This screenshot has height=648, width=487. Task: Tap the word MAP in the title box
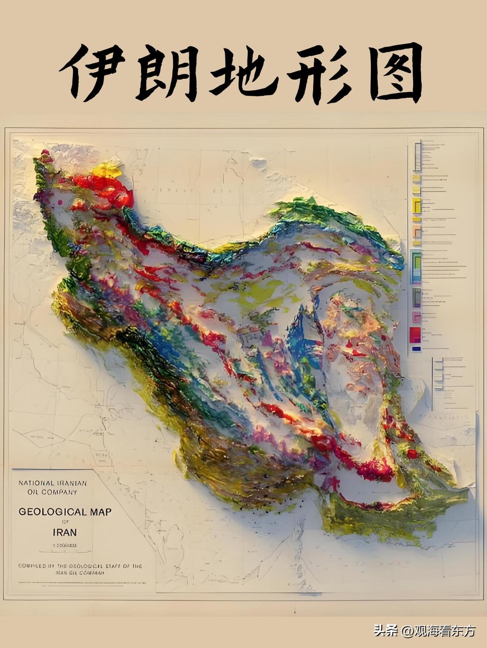(101, 512)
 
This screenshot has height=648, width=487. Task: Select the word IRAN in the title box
(65, 532)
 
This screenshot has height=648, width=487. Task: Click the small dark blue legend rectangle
(416, 349)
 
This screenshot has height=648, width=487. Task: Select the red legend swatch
(415, 335)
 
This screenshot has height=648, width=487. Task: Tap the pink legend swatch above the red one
(416, 317)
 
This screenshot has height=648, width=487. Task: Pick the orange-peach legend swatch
(417, 231)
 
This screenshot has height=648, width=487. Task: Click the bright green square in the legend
(417, 262)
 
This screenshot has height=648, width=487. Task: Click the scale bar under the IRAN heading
(65, 545)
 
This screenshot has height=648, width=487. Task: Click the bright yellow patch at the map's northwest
(108, 171)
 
